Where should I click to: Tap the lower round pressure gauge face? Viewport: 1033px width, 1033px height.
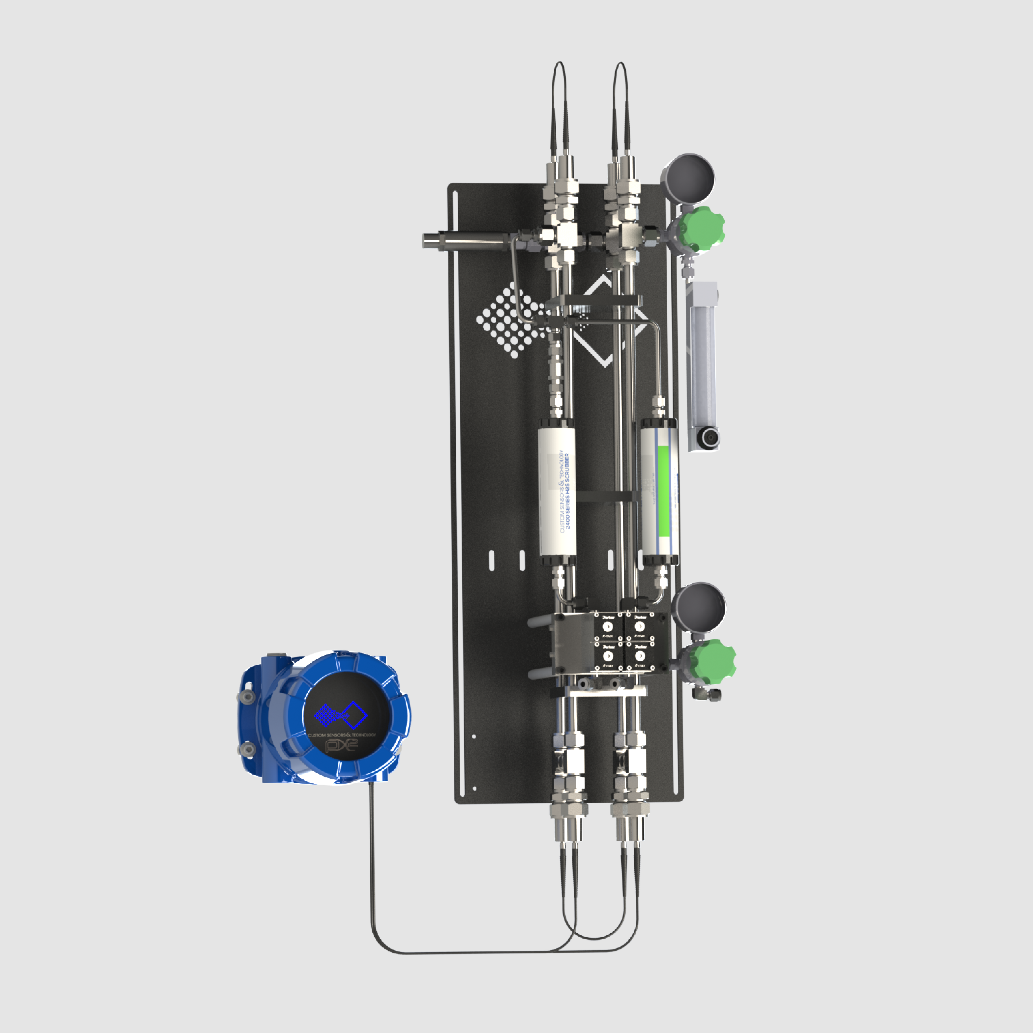pyautogui.click(x=699, y=607)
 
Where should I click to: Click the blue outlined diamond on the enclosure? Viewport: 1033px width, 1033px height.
pyautogui.click(x=354, y=715)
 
